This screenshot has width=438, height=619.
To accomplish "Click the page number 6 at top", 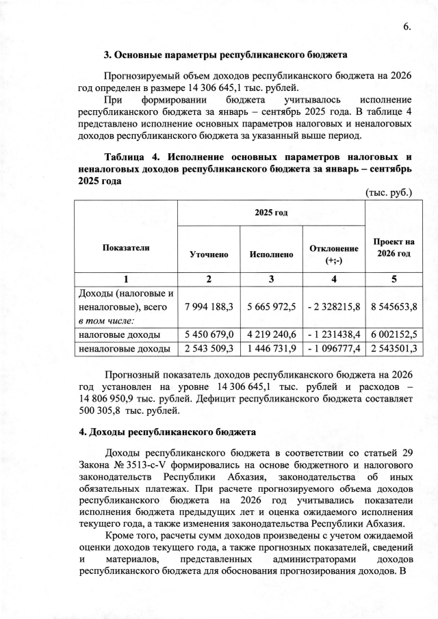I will pos(407,27).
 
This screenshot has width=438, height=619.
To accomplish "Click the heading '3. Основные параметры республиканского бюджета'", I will pos(225,54).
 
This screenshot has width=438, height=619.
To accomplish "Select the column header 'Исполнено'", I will pos(272,254).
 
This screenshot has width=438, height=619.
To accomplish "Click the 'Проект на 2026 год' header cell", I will pos(394,248).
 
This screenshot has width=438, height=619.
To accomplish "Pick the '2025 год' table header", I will pos(271,213).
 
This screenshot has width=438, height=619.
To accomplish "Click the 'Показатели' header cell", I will pos(125,248).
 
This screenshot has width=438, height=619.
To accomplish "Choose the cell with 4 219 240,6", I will pos(272,334).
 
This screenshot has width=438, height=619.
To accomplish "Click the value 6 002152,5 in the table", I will pos(394,334).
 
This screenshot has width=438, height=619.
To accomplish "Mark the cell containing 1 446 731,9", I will pos(272,349).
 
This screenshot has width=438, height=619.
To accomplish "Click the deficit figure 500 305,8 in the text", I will pos(102,410).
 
